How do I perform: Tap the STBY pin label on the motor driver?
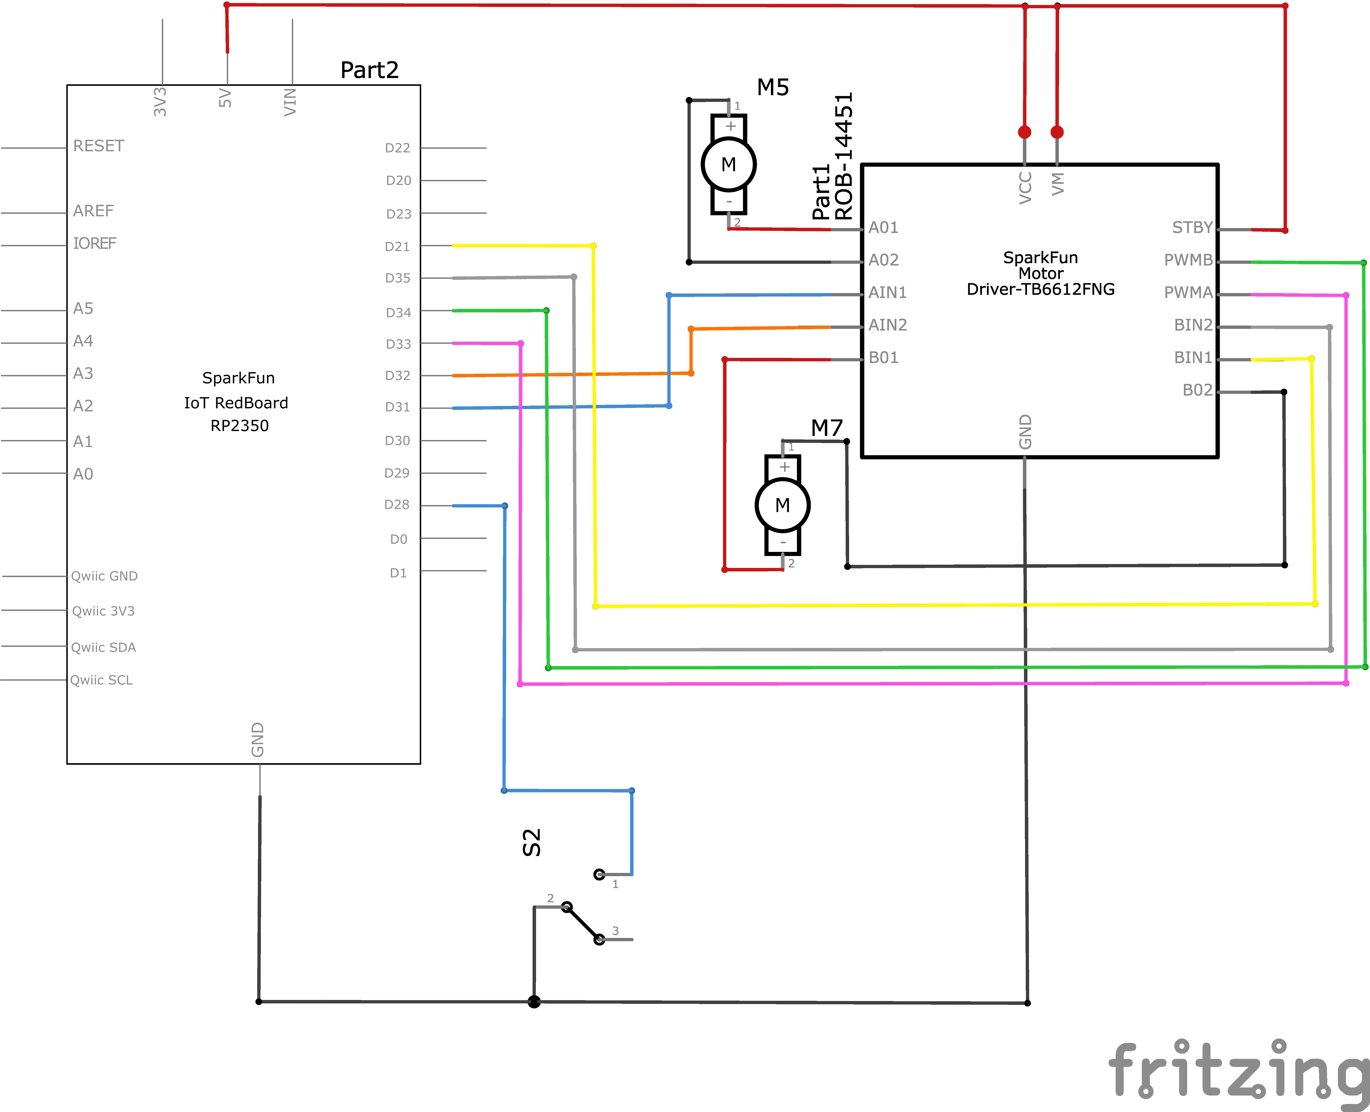click(x=1192, y=227)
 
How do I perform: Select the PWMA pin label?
click(x=1188, y=293)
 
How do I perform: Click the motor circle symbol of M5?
click(x=728, y=165)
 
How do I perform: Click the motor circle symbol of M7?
click(x=782, y=505)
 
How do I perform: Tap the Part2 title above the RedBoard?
click(x=369, y=70)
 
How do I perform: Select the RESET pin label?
click(x=99, y=146)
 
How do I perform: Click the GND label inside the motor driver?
click(x=1025, y=432)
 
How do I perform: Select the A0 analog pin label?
click(x=83, y=474)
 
